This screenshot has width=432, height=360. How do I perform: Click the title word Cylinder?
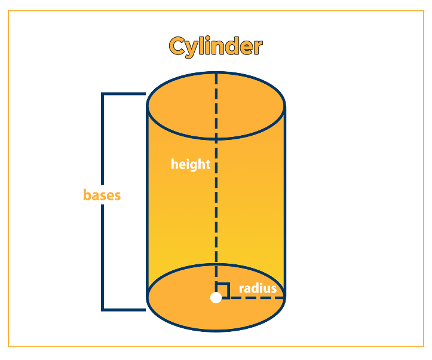[x=216, y=47]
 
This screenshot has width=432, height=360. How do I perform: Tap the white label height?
[x=191, y=164]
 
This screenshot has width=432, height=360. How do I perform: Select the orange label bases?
[x=102, y=195]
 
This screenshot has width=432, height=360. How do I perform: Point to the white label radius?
[x=258, y=288]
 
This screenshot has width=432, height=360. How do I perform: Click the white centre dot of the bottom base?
[x=216, y=297]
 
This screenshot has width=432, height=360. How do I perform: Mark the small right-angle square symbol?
[x=222, y=290]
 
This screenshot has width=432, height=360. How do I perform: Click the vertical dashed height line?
[x=216, y=215]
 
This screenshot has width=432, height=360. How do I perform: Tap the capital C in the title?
[x=177, y=47]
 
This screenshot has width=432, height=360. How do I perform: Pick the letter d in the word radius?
[x=254, y=288]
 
